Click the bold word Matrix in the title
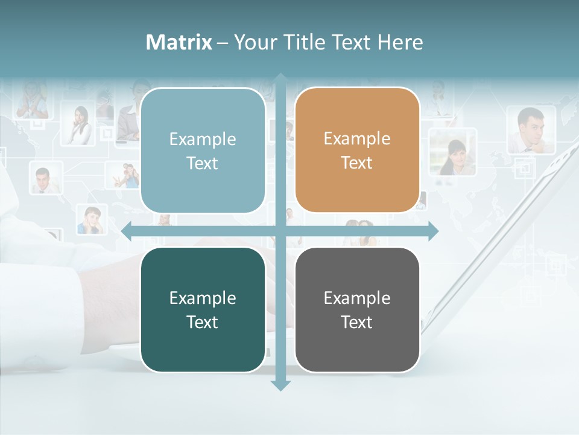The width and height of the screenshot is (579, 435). click(179, 42)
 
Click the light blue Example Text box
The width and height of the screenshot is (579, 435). click(203, 150)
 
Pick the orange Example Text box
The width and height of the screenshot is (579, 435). click(357, 150)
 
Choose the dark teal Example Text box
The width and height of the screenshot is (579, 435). click(203, 310)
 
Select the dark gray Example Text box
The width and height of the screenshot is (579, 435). click(357, 310)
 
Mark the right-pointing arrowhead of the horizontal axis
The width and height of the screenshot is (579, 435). click(432, 231)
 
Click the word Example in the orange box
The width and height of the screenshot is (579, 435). click(357, 139)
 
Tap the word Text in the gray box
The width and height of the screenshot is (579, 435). click(357, 323)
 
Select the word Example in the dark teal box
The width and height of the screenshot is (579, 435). click(203, 298)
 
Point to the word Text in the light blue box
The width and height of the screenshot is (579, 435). click(203, 164)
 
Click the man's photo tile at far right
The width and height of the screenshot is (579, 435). click(530, 130)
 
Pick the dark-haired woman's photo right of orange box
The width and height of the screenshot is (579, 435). click(452, 152)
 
